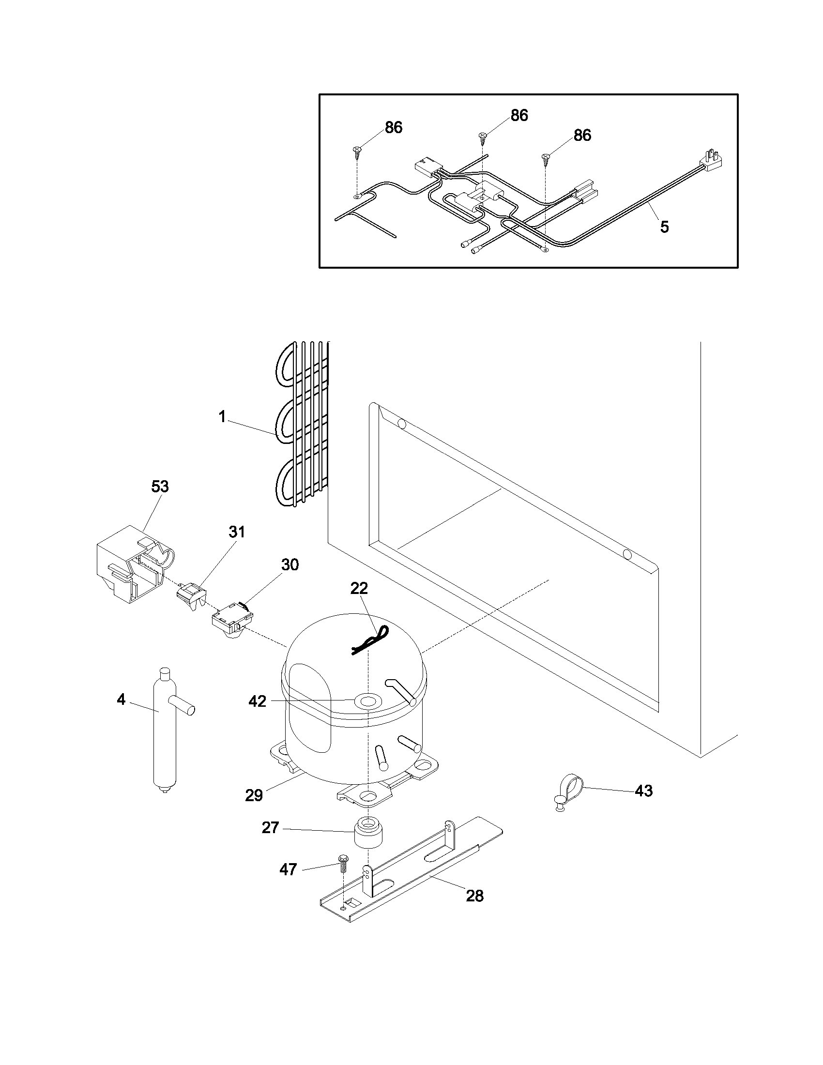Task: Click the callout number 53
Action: pos(160,486)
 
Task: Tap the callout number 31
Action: pos(237,532)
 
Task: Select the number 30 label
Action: pos(290,564)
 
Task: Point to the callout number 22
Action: pos(359,588)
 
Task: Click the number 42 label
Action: pos(258,701)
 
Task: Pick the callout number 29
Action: pos(254,795)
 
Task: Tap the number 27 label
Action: pos(270,827)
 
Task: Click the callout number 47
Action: pos(288,869)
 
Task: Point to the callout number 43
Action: pos(643,791)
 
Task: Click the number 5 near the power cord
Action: pos(665,227)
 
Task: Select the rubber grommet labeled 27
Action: pos(368,834)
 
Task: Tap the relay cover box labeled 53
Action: pos(129,563)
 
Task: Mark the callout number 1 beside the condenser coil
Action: pos(222,417)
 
